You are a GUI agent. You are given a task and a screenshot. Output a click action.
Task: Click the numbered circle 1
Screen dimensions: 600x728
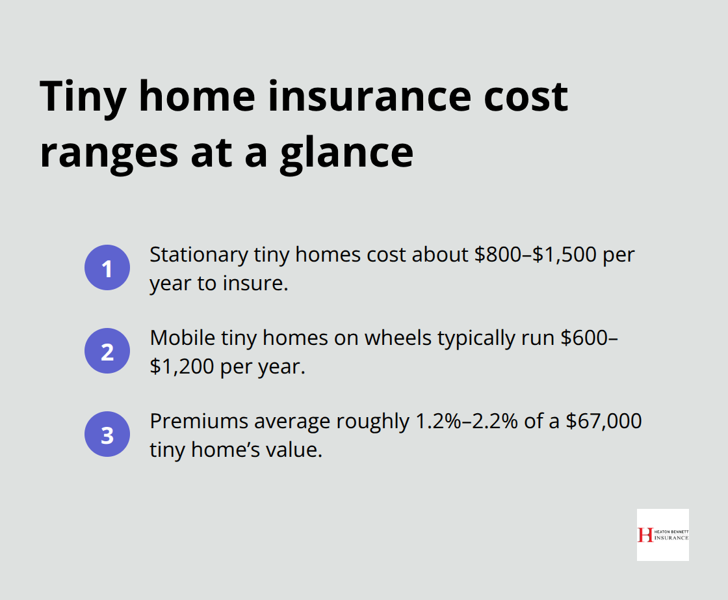click(x=107, y=268)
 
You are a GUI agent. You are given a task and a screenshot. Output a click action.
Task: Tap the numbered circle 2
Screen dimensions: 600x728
click(x=107, y=351)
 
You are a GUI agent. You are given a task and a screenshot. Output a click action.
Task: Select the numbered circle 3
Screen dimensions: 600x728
click(x=107, y=435)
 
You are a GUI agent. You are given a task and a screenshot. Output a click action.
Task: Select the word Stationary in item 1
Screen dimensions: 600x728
click(x=196, y=254)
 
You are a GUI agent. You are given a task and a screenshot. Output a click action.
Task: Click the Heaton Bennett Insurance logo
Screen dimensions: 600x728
click(x=662, y=534)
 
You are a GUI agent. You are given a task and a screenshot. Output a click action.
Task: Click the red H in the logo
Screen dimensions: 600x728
click(x=645, y=534)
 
